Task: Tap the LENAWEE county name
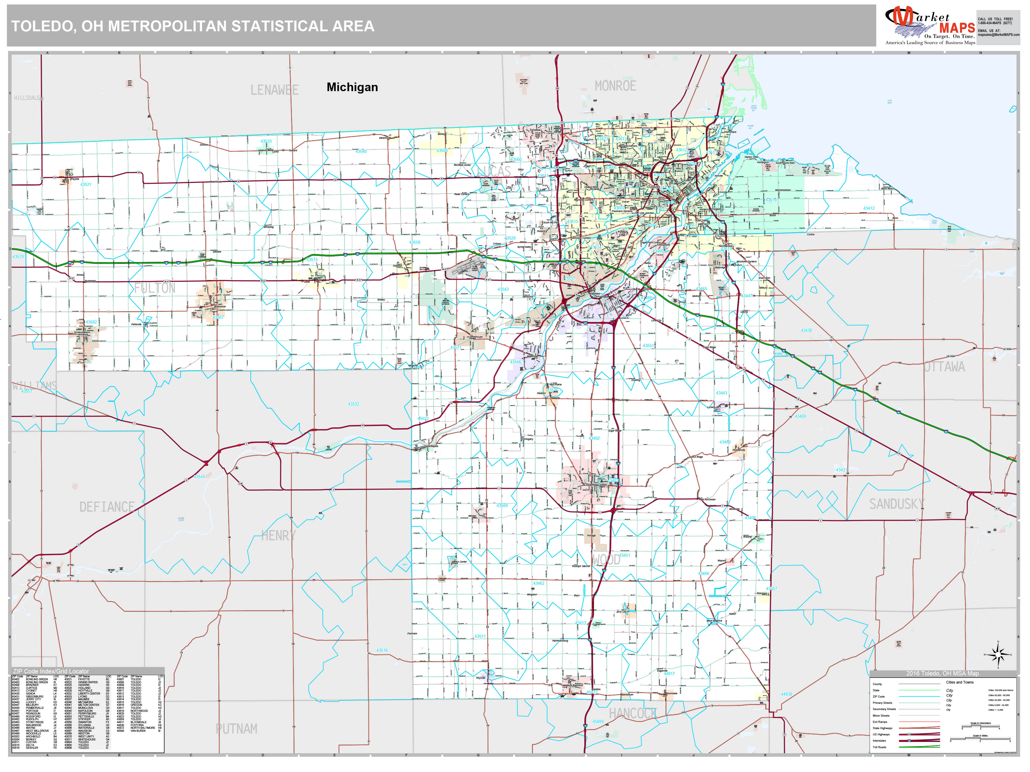(x=274, y=90)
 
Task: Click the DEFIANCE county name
(x=107, y=507)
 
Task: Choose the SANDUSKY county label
(x=896, y=504)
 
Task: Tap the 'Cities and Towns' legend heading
(x=959, y=682)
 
